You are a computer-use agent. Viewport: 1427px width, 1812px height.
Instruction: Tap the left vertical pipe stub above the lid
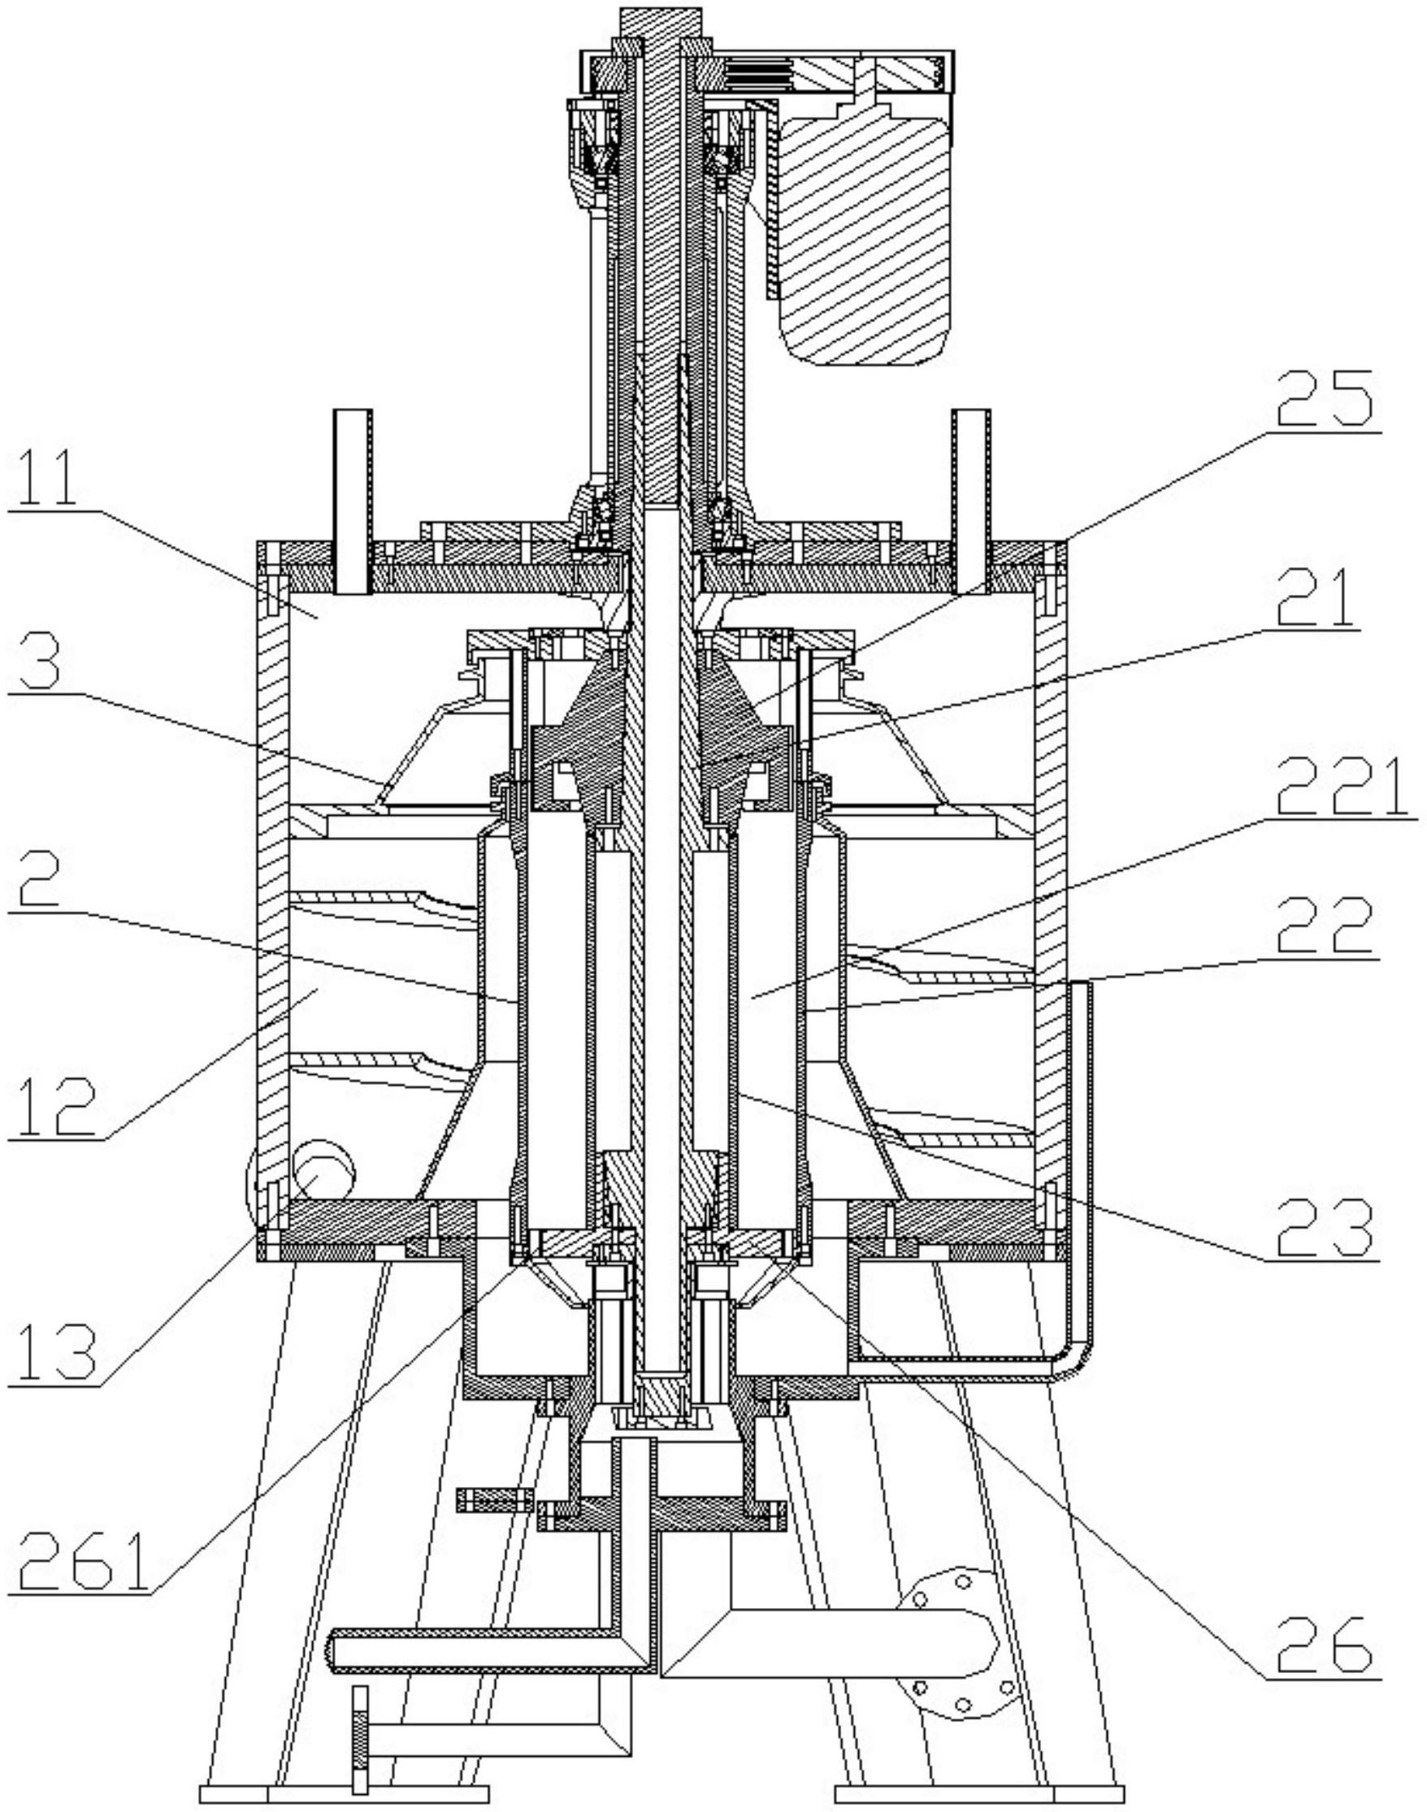coord(352,501)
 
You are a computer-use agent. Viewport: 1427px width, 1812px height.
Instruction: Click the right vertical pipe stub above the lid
coord(972,501)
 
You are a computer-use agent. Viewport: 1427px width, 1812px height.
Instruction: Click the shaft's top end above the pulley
coord(659,22)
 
